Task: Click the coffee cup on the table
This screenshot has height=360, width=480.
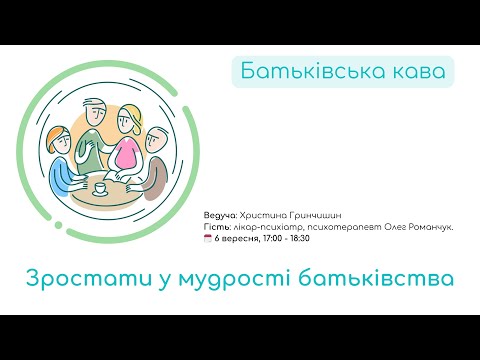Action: point(99,186)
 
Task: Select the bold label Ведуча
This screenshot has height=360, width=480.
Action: point(219,215)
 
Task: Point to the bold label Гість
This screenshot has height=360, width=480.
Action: point(215,227)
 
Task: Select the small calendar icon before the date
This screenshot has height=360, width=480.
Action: point(206,240)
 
